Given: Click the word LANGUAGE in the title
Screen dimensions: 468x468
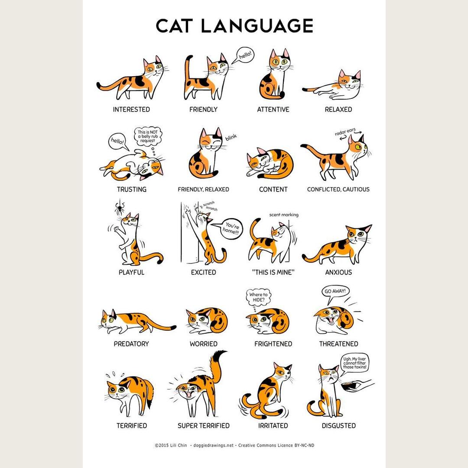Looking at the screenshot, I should point(257,26).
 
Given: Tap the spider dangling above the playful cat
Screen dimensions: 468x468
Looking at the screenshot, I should point(119,209).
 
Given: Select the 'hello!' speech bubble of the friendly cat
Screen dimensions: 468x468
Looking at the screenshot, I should point(244,56).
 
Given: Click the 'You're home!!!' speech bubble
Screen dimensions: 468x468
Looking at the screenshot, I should point(231,227).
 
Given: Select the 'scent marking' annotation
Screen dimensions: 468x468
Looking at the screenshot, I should point(283,215).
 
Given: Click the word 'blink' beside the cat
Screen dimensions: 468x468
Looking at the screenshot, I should point(231,138).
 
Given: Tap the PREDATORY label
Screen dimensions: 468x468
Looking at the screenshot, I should point(131,344).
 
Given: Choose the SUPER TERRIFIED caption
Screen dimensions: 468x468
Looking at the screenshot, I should point(203,426).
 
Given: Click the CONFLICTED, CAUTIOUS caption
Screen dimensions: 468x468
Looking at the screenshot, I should point(338,189).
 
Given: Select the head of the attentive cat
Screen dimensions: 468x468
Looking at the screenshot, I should point(279,61).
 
